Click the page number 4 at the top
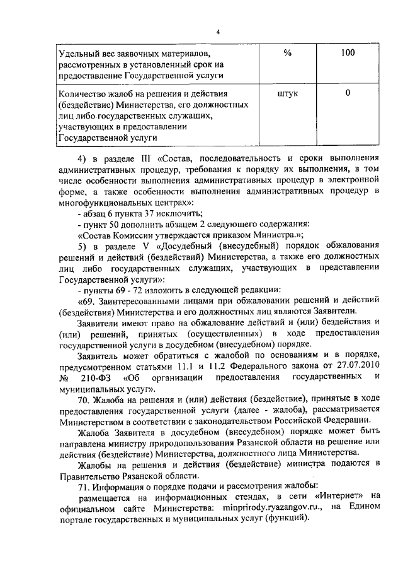tap(217, 32)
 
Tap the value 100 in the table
tap(348, 54)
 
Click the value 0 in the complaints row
tap(348, 94)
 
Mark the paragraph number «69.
tap(84, 303)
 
